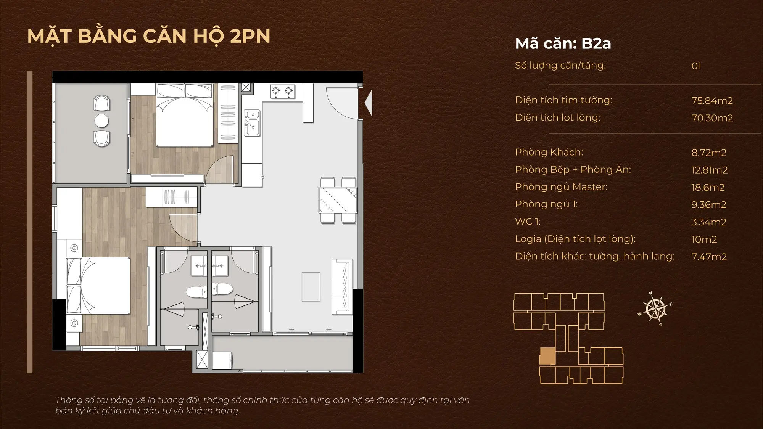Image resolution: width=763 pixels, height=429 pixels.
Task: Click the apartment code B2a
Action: point(596,43)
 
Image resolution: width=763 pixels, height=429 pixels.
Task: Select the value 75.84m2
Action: point(712,101)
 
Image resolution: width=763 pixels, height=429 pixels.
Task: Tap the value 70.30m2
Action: point(712,118)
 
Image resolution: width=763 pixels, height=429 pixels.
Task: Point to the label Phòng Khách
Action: point(549,152)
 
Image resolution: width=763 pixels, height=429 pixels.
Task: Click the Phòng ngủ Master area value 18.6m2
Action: point(708,187)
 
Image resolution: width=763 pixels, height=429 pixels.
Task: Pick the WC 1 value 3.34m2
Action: point(708,222)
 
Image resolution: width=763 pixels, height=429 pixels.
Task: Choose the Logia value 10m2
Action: point(704,239)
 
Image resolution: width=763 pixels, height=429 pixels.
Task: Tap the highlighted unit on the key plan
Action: point(547,356)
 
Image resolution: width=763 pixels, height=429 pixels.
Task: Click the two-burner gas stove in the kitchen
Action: point(283,91)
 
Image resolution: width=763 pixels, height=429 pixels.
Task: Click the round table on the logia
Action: point(102,121)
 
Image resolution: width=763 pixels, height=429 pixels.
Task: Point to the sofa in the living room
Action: point(342,286)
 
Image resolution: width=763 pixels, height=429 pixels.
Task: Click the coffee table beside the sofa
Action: point(311,287)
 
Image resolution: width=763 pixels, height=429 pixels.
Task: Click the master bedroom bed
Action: point(99,286)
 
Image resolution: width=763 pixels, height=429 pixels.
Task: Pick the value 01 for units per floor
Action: point(696,66)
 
